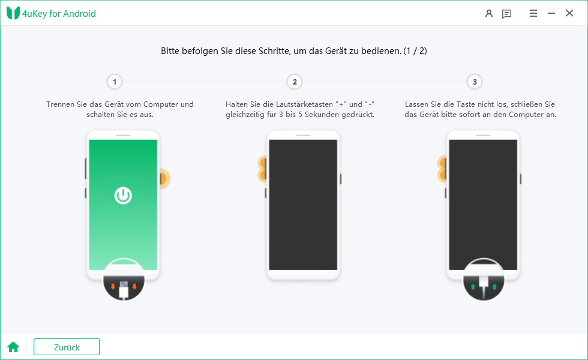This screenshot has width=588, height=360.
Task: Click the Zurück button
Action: [x=67, y=347]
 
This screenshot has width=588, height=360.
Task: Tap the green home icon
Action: [x=13, y=347]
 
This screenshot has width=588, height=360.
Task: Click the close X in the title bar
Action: [x=569, y=13]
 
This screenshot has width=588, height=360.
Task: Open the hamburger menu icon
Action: [x=533, y=13]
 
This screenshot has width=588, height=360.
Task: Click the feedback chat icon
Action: [x=506, y=14]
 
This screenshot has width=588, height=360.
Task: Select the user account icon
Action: [x=488, y=14]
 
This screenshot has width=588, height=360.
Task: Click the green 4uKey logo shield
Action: [x=13, y=13]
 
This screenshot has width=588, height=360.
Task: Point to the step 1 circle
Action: [x=115, y=82]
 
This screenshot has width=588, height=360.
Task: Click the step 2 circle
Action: [x=295, y=82]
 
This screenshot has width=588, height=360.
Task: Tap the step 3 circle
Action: [x=475, y=82]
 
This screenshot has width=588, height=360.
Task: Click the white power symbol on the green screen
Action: [x=123, y=196]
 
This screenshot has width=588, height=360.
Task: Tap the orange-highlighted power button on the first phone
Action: [x=163, y=179]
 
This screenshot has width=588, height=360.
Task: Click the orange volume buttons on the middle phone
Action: [x=262, y=169]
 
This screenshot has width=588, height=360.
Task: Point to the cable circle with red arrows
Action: [x=124, y=280]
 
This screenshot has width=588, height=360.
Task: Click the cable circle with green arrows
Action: [x=484, y=280]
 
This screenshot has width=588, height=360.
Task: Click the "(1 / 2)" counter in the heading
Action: [x=415, y=51]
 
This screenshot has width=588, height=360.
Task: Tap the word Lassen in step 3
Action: [x=416, y=104]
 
